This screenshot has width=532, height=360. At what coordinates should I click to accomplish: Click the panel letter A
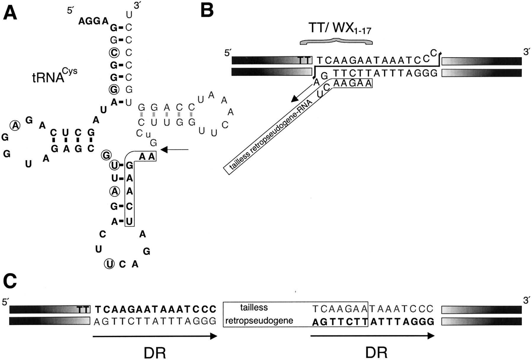[10, 13]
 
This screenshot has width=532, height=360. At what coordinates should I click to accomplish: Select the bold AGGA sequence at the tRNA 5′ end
[93, 21]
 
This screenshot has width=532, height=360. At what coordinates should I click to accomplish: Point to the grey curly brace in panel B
[336, 42]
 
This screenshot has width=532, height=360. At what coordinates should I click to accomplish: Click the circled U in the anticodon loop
[109, 264]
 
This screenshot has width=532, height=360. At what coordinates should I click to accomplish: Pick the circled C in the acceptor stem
[114, 53]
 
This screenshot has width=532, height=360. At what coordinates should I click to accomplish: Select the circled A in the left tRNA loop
[15, 126]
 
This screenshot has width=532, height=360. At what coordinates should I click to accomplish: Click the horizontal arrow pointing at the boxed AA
[174, 150]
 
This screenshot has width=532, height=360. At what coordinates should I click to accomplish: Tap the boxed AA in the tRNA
[147, 156]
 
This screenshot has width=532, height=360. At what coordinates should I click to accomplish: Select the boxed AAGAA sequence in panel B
[352, 83]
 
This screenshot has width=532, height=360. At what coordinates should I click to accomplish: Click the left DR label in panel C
[155, 353]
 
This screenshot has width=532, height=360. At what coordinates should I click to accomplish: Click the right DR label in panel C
[376, 353]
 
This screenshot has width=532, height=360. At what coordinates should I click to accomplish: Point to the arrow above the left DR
[155, 336]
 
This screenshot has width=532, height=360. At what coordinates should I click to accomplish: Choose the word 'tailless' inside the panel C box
[254, 308]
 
